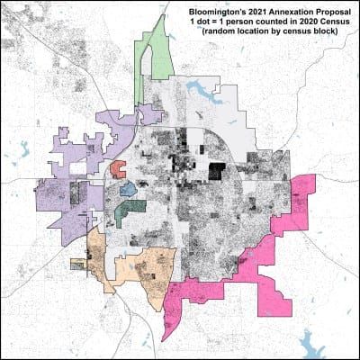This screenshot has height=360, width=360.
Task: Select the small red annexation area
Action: (117, 167)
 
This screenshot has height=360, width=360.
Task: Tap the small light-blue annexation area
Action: (128, 190)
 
